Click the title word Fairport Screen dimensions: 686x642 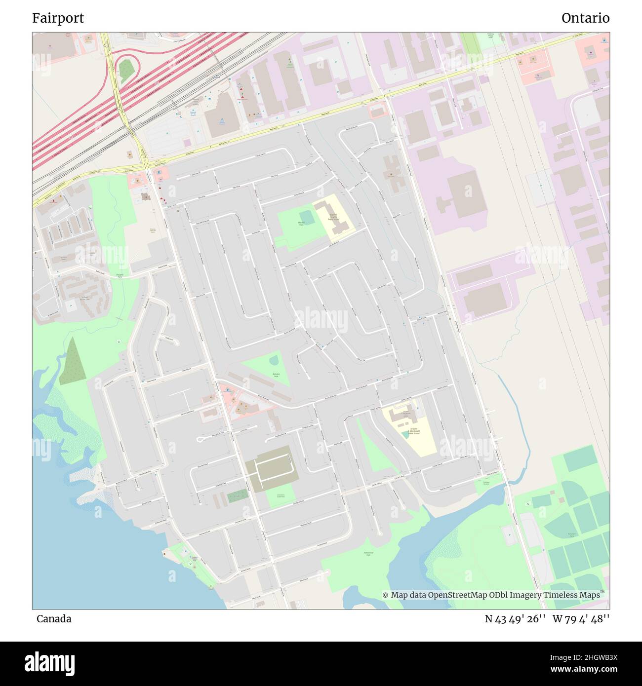[x=58, y=18]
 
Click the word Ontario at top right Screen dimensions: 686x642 [x=585, y=18]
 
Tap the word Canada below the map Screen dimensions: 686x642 [x=54, y=619]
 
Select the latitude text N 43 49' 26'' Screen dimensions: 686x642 [x=515, y=619]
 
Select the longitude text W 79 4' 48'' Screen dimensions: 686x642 [x=581, y=619]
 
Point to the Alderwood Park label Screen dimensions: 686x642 [x=367, y=554]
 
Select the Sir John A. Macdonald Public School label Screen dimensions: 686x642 [x=411, y=431]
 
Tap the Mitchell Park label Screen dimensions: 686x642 [x=301, y=224]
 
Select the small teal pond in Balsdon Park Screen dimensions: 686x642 [x=274, y=361]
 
